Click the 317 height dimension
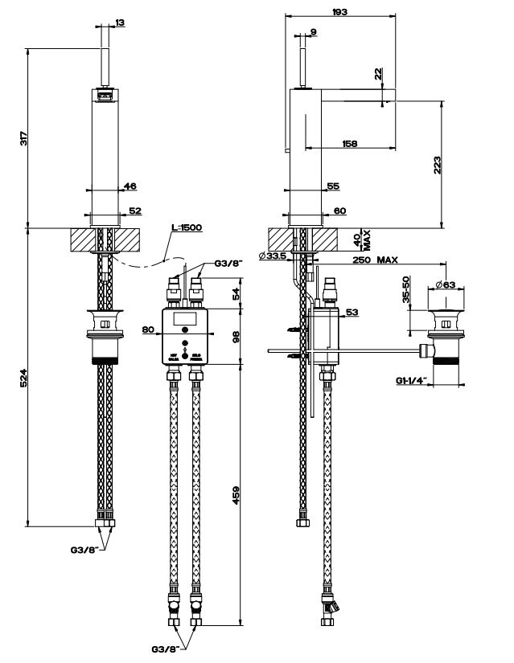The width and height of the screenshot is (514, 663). pyautogui.click(x=25, y=138)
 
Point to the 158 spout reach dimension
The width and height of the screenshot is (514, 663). pyautogui.click(x=350, y=144)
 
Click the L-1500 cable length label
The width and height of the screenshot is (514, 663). pyautogui.click(x=187, y=227)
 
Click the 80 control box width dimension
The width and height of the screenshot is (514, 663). pyautogui.click(x=147, y=329)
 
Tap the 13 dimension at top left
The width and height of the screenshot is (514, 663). pyautogui.click(x=120, y=23)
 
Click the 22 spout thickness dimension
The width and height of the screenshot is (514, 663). pyautogui.click(x=378, y=74)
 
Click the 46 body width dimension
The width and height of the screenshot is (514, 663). pyautogui.click(x=130, y=186)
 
